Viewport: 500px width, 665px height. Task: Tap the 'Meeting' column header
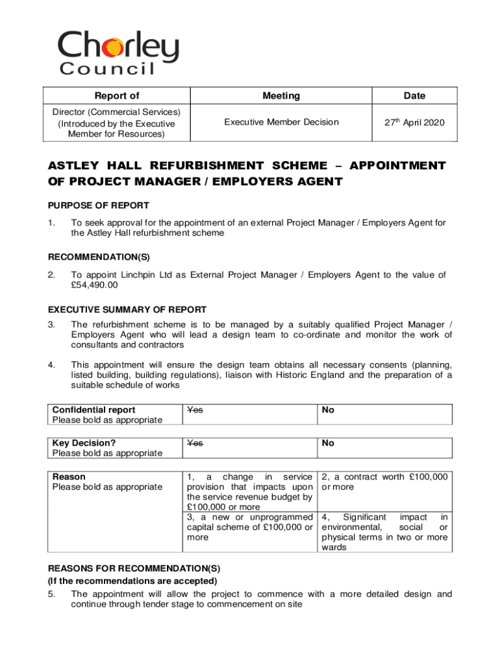(281, 96)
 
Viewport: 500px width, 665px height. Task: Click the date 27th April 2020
(414, 122)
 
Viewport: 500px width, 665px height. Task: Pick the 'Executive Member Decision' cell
(281, 122)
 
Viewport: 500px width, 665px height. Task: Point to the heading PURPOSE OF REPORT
(99, 205)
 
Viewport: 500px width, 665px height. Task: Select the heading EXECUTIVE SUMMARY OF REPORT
(127, 309)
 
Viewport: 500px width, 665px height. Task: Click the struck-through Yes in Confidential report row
(195, 410)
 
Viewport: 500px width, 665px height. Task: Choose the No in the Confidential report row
(328, 410)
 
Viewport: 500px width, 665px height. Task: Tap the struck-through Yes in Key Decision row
(195, 443)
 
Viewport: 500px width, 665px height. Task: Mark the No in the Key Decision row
(328, 443)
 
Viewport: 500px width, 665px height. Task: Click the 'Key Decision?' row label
(79, 443)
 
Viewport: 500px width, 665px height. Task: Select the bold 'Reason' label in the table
(69, 477)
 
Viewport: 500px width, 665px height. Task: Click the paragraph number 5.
(51, 594)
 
